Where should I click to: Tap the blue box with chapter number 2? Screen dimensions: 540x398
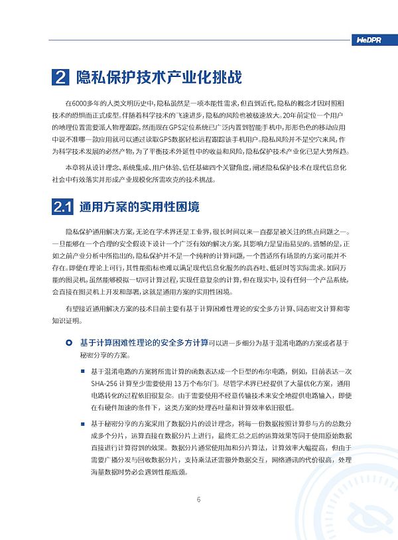tap(60, 78)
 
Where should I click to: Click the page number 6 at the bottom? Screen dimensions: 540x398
tap(198, 500)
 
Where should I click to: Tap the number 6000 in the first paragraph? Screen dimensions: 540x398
tap(80, 104)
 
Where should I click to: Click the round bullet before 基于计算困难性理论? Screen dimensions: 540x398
tap(70, 343)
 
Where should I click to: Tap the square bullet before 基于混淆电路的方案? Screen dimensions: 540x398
tap(83, 370)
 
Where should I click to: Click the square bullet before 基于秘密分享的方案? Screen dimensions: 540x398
tap(83, 423)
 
